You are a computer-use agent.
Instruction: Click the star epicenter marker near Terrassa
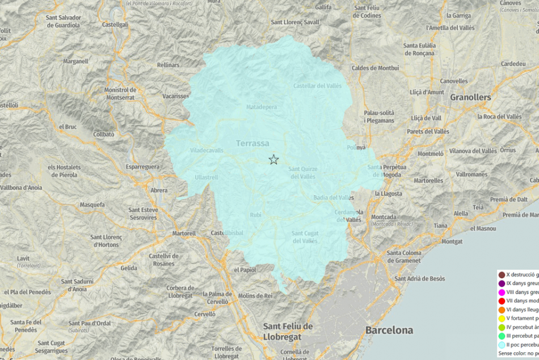pyautogui.click(x=273, y=160)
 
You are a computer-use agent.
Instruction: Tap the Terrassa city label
pyautogui.click(x=252, y=144)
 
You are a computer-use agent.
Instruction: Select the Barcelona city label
pyautogui.click(x=389, y=330)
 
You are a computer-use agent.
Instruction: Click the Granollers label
pyautogui.click(x=470, y=97)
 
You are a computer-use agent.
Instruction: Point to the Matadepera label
pyautogui.click(x=262, y=107)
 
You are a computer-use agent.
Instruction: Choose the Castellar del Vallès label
pyautogui.click(x=317, y=86)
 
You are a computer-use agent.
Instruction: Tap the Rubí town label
pyautogui.click(x=256, y=215)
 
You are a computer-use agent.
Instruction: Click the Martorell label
pyautogui.click(x=184, y=233)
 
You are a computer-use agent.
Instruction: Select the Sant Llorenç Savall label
pyautogui.click(x=295, y=23)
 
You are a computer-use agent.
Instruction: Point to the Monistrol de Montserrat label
pyautogui.click(x=120, y=94)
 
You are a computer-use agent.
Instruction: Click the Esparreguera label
pyautogui.click(x=142, y=168)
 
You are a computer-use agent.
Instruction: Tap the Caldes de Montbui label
pyautogui.click(x=375, y=68)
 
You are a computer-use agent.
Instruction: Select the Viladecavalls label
pyautogui.click(x=207, y=150)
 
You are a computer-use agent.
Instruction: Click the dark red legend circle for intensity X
pyautogui.click(x=502, y=275)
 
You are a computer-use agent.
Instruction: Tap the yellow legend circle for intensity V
pyautogui.click(x=502, y=319)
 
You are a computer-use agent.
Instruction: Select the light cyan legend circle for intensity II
pyautogui.click(x=502, y=345)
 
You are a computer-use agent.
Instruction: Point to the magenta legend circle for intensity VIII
pyautogui.click(x=502, y=292)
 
